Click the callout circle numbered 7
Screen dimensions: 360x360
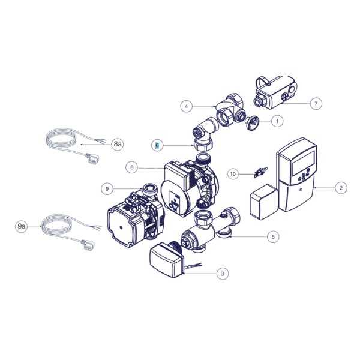316,104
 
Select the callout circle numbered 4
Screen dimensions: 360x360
186,106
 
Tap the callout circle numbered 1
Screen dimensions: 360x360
277,121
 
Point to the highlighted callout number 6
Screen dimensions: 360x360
157,145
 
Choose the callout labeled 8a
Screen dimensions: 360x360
118,144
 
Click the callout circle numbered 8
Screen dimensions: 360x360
132,167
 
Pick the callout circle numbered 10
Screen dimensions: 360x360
233,174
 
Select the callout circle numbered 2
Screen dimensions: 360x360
341,188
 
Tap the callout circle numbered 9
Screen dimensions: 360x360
107,189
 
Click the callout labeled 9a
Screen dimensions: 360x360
22,226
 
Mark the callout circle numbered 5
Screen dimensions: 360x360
273,236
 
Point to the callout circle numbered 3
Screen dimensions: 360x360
223,274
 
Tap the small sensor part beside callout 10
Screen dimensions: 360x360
261,172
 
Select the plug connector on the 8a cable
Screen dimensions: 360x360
92,158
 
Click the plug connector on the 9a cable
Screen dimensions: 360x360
87,244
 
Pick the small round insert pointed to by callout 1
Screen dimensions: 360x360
252,122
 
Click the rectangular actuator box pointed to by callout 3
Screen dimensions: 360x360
167,260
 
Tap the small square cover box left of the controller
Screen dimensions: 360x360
264,202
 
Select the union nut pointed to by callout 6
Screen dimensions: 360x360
203,145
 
